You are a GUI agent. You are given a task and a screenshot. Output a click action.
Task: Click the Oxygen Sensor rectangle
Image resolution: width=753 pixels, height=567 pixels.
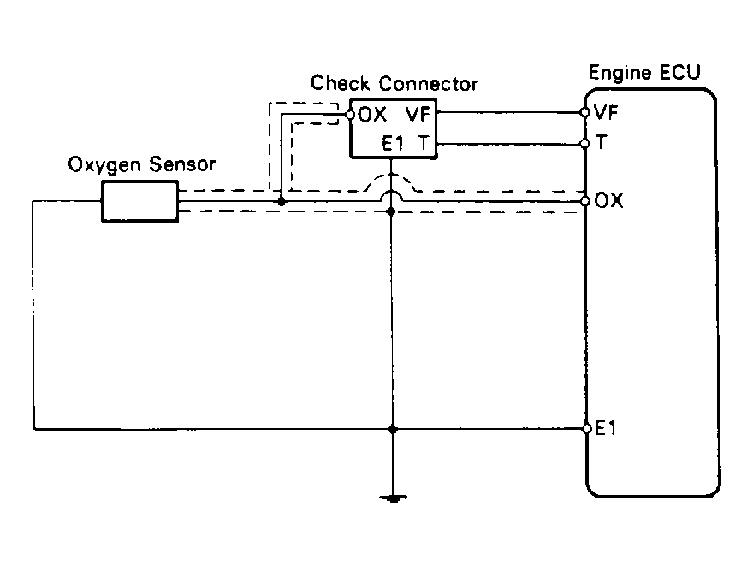pyautogui.click(x=140, y=201)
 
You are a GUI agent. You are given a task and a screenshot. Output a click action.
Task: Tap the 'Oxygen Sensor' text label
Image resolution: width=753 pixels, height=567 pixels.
pyautogui.click(x=142, y=164)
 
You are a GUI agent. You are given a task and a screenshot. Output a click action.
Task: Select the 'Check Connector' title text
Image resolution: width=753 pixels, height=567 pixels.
pyautogui.click(x=394, y=84)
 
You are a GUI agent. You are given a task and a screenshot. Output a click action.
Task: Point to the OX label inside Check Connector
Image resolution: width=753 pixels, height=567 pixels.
pyautogui.click(x=374, y=114)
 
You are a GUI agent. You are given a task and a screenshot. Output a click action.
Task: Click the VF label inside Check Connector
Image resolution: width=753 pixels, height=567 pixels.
pyautogui.click(x=418, y=114)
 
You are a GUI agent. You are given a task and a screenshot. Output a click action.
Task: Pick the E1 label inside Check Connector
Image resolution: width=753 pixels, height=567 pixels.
pyautogui.click(x=394, y=144)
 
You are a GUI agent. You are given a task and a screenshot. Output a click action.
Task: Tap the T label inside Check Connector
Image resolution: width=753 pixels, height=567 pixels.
pyautogui.click(x=424, y=144)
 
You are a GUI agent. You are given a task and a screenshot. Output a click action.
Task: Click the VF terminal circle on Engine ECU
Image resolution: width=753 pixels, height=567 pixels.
pyautogui.click(x=585, y=112)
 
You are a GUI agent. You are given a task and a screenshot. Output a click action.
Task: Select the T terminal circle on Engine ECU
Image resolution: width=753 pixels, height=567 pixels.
pyautogui.click(x=585, y=143)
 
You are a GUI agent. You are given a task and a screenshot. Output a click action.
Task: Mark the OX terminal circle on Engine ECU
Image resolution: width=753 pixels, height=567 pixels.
pyautogui.click(x=585, y=202)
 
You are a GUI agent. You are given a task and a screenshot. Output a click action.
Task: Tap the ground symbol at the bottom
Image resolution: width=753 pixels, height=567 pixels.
pyautogui.click(x=392, y=498)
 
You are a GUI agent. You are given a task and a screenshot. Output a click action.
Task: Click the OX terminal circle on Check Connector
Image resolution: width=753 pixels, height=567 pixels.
pyautogui.click(x=350, y=113)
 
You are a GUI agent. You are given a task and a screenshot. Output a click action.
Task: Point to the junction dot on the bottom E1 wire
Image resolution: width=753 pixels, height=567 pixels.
pyautogui.click(x=392, y=427)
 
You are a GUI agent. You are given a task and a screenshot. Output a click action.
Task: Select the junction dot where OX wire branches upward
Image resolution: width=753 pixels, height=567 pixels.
pyautogui.click(x=282, y=202)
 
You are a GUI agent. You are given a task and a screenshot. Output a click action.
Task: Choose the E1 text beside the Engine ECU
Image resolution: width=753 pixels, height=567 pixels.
pyautogui.click(x=606, y=429)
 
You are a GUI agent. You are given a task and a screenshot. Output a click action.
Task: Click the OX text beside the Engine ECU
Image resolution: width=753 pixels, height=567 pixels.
pyautogui.click(x=609, y=202)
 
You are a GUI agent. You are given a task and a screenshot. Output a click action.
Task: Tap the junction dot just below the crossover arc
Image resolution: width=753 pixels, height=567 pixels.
pyautogui.click(x=392, y=210)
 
